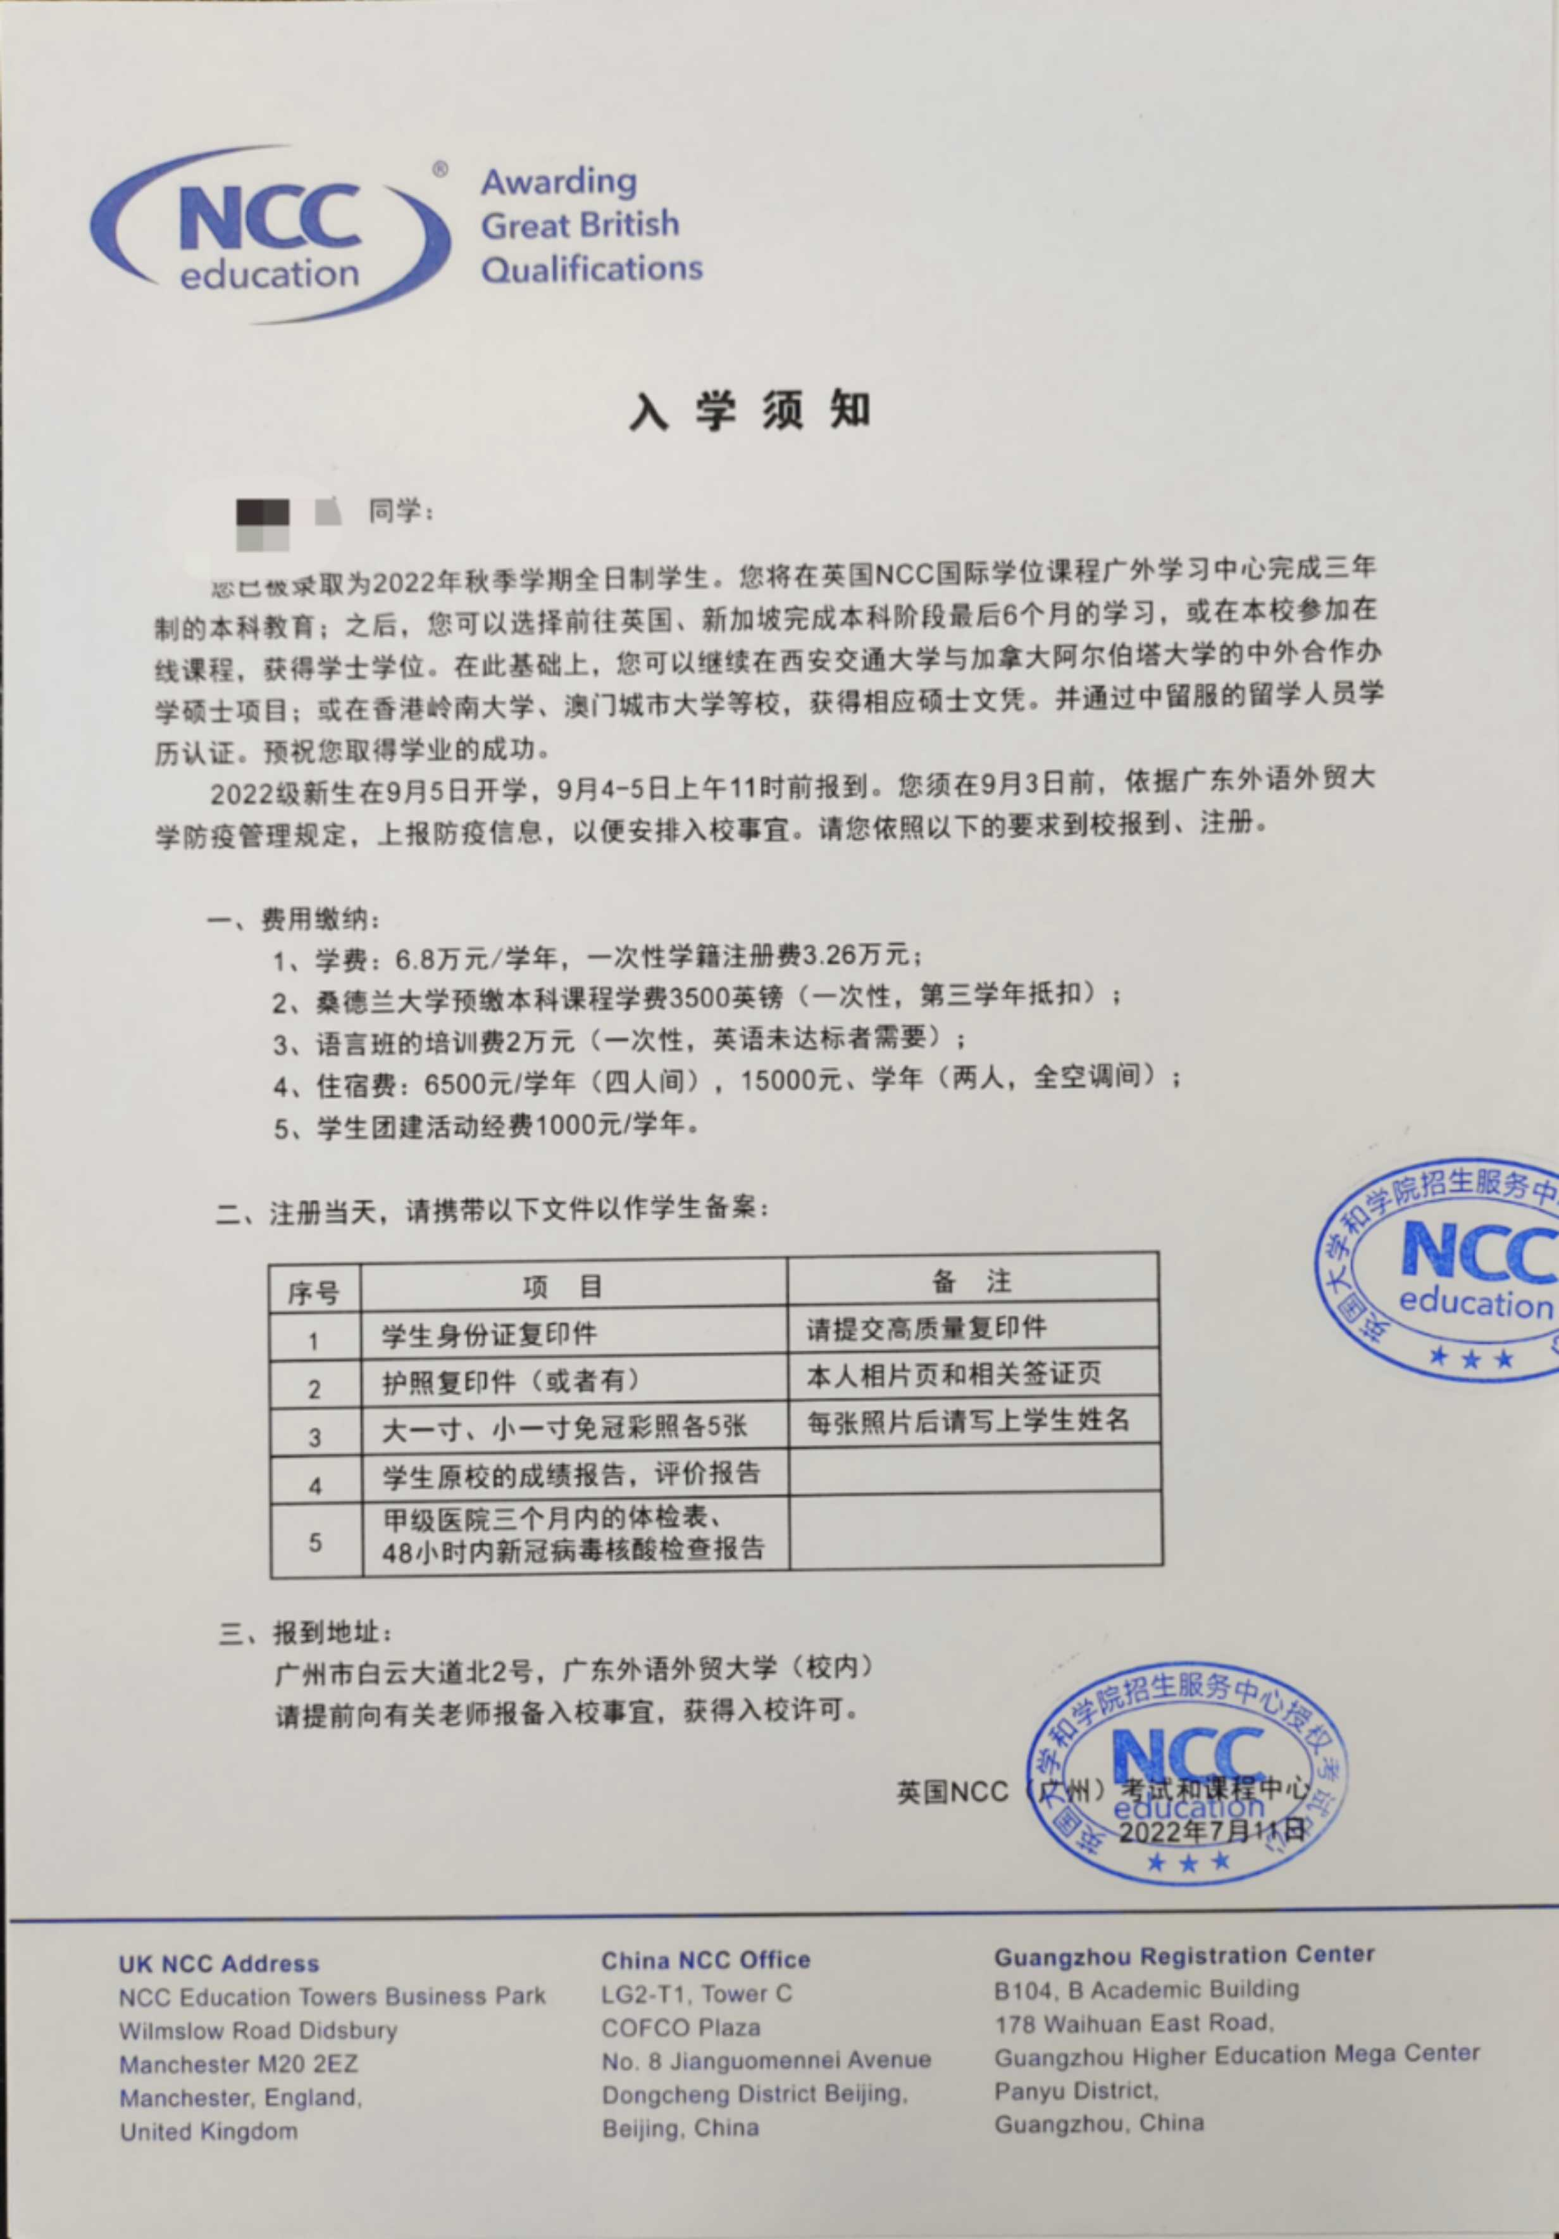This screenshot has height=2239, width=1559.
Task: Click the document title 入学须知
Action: pyautogui.click(x=748, y=411)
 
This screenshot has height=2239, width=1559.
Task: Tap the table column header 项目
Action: pyautogui.click(x=562, y=1287)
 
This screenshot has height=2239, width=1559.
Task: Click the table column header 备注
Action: pyautogui.click(x=971, y=1281)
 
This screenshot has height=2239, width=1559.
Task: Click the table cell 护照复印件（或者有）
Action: pyautogui.click(x=512, y=1382)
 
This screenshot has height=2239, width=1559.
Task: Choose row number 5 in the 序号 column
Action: pyautogui.click(x=315, y=1542)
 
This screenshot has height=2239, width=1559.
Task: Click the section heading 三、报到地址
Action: pyautogui.click(x=305, y=1633)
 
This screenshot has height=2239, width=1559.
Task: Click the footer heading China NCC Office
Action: pyautogui.click(x=705, y=1959)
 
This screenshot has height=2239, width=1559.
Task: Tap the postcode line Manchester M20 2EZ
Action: pyautogui.click(x=239, y=2064)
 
